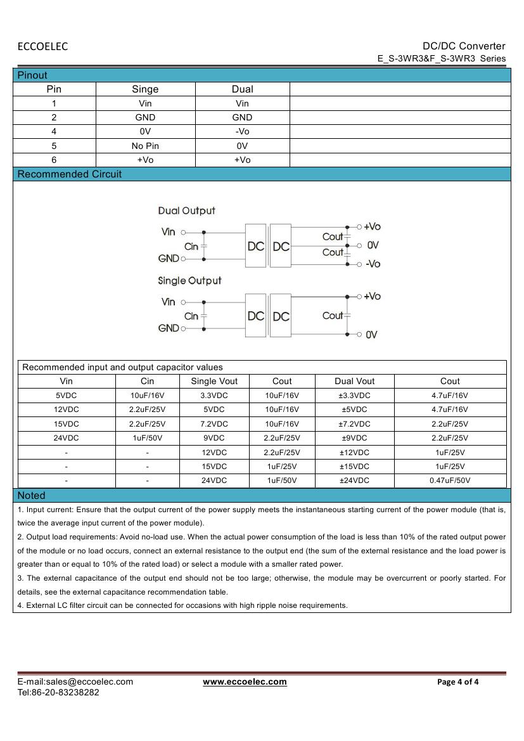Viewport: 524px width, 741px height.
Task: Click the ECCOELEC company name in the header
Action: tap(42, 46)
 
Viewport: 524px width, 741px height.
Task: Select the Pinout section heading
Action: tap(32, 75)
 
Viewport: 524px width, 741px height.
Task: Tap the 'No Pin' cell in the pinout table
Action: tap(145, 146)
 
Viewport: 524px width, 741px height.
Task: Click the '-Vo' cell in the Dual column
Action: tap(242, 132)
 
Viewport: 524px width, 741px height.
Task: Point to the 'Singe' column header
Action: tap(145, 89)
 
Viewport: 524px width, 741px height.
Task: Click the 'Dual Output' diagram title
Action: tap(186, 210)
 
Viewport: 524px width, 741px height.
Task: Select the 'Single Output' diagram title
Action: tap(189, 280)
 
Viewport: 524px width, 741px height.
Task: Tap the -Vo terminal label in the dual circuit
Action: tap(373, 264)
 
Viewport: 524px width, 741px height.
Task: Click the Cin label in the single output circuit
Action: tap(191, 316)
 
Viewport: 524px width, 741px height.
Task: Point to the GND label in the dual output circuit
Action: tap(169, 259)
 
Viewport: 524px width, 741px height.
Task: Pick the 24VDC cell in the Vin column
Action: tap(67, 438)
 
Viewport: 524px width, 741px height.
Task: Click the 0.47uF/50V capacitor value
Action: tap(450, 480)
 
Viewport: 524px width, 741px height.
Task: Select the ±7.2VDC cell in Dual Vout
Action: tap(354, 424)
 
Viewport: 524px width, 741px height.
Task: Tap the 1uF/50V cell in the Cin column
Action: tap(147, 438)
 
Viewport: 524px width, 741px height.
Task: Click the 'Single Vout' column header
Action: tap(214, 381)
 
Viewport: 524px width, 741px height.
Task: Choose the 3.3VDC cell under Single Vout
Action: tap(214, 396)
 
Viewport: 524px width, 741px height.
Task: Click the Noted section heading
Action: tap(31, 495)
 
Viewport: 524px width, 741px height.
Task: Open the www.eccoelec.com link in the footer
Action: tap(245, 682)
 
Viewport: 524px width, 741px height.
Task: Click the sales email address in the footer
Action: tap(75, 682)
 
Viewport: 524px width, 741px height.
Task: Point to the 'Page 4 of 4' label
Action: tap(458, 682)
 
